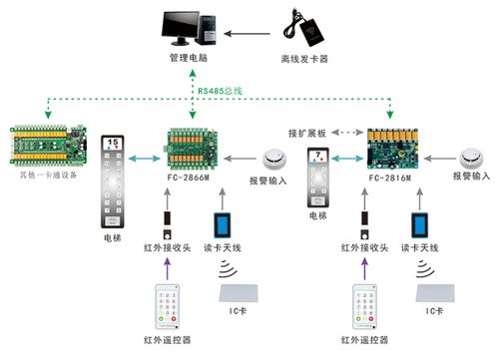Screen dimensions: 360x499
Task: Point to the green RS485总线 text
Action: (x=221, y=91)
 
